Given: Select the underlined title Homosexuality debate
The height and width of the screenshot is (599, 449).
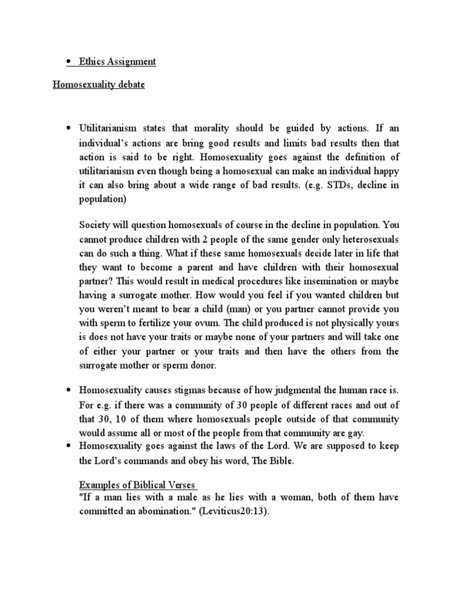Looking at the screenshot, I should point(99,85).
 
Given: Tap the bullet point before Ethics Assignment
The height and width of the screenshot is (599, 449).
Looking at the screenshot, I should point(69,62).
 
